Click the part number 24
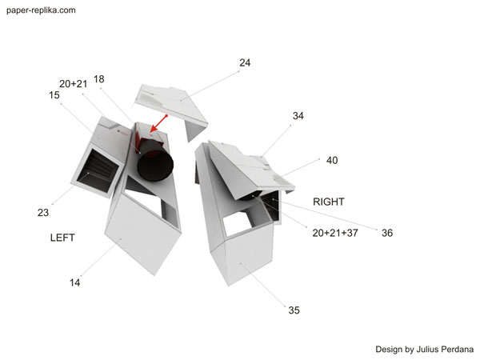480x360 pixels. coord(245,62)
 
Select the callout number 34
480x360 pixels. coord(298,116)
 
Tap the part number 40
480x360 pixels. coord(332,160)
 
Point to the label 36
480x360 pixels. coord(387,233)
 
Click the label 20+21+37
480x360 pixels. coord(335,233)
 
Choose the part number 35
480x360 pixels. coord(294,310)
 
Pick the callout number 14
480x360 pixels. coord(74,282)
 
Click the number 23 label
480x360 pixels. coord(43,213)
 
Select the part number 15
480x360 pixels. coord(54,95)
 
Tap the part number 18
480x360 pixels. coord(99,79)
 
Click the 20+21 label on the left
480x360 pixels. coord(73,84)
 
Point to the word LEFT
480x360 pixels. coord(62,238)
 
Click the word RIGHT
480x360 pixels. coord(329,202)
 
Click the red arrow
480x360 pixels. coord(159,124)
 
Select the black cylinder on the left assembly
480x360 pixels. coord(155,165)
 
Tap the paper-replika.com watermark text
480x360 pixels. coord(41,10)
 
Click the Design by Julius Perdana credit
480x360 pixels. coord(425,350)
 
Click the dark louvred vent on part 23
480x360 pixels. coord(98,170)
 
